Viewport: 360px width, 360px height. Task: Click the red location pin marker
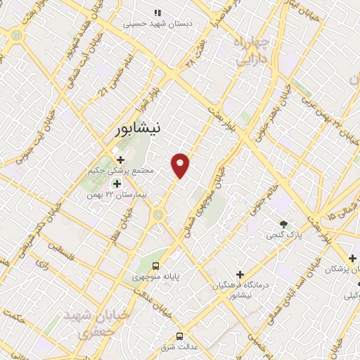[181, 165]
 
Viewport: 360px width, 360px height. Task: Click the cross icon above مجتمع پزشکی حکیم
[120, 159]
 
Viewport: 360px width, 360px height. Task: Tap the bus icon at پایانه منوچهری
[156, 266]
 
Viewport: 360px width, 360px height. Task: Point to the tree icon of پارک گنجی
[283, 224]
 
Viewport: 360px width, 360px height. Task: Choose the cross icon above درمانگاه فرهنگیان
[240, 274]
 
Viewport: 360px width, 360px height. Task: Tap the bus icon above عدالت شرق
[180, 335]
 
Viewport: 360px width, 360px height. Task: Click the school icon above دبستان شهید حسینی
[157, 12]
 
